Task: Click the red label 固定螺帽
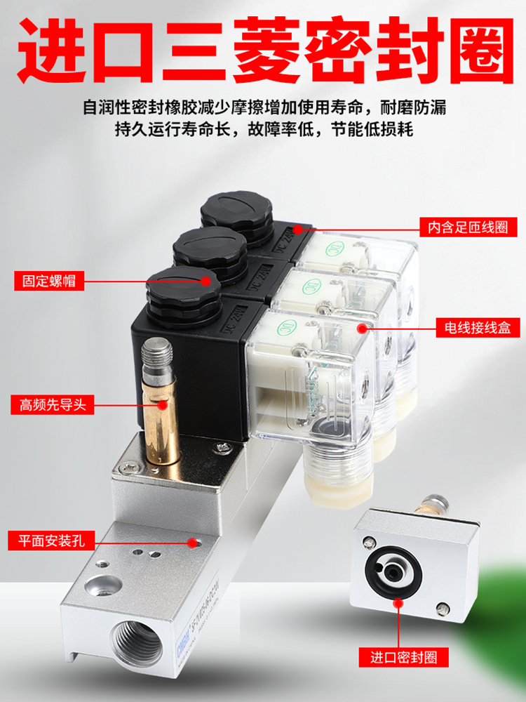pyautogui.click(x=48, y=282)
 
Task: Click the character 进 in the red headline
pyautogui.click(x=56, y=51)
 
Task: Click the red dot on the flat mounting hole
pyautogui.click(x=192, y=542)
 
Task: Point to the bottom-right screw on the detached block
pyautogui.click(x=440, y=608)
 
